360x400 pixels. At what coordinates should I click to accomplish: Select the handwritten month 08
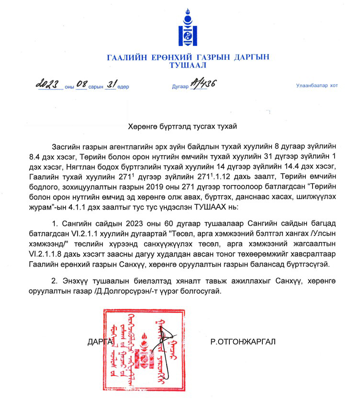click(x=80, y=85)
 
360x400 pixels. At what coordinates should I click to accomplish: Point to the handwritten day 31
click(x=112, y=85)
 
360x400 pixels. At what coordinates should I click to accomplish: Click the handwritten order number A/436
click(x=203, y=84)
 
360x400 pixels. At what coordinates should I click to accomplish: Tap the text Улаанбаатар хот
click(x=316, y=86)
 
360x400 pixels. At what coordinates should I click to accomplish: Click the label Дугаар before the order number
click(x=180, y=87)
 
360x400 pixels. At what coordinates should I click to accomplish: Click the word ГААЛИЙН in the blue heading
click(x=125, y=57)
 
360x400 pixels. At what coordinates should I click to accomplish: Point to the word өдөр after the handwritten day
click(x=123, y=87)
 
